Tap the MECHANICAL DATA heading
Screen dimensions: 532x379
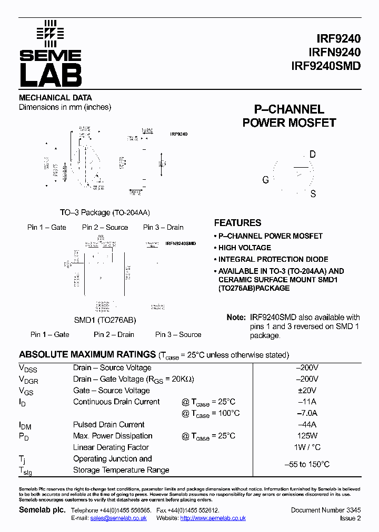pyautogui.click(x=55, y=98)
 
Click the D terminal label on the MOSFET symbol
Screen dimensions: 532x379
pyautogui.click(x=312, y=155)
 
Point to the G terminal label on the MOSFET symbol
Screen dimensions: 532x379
pyautogui.click(x=266, y=180)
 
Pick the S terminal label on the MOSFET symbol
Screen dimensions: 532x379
pyautogui.click(x=313, y=194)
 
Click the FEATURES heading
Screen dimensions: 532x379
pyautogui.click(x=237, y=223)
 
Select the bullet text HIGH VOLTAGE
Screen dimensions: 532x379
pyautogui.click(x=245, y=248)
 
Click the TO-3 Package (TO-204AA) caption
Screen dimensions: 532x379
pyautogui.click(x=105, y=213)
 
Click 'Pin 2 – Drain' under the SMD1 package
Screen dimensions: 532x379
pyautogui.click(x=114, y=335)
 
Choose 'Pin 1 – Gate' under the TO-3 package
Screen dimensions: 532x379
pyautogui.click(x=47, y=228)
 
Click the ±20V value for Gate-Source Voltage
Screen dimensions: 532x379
pyautogui.click(x=311, y=391)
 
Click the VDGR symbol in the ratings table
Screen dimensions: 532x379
pyautogui.click(x=28, y=380)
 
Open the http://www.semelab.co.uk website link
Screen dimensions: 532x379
pyautogui.click(x=213, y=518)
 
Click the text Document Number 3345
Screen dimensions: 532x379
pyautogui.click(x=326, y=510)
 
